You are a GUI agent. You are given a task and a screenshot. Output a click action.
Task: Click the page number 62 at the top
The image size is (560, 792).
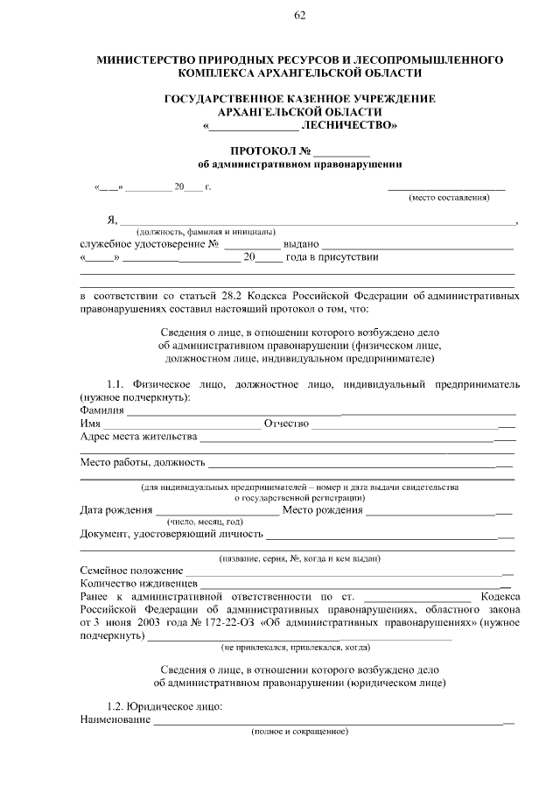tap(299, 16)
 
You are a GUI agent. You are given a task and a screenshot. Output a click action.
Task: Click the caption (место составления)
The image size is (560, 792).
tap(448, 198)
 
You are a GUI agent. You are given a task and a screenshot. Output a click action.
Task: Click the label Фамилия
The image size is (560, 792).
tap(101, 410)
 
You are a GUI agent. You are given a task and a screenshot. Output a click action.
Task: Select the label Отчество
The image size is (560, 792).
tap(286, 424)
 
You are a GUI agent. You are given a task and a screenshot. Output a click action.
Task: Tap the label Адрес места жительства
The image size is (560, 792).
tap(138, 437)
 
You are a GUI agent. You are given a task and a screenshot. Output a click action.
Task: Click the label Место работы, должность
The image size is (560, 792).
tap(143, 462)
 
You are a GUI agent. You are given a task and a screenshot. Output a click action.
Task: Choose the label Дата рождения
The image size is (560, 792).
tap(115, 510)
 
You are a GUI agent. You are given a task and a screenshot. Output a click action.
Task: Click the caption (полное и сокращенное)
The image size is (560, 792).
tap(299, 731)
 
